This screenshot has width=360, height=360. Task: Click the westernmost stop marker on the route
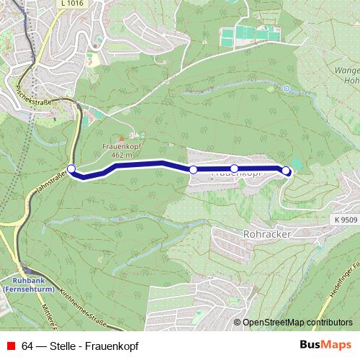tap(71, 169)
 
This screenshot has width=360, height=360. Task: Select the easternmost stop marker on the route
tap(286, 171)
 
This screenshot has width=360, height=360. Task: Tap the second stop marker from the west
tap(193, 169)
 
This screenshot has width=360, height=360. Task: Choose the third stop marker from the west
tap(234, 168)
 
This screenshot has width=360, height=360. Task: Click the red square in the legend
tap(9, 346)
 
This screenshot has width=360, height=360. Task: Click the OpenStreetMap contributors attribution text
tap(297, 323)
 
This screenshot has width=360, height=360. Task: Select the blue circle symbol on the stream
tap(285, 89)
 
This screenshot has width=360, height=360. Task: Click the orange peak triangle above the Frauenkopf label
tap(121, 138)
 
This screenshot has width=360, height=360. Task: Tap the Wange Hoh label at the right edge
tap(347, 76)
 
